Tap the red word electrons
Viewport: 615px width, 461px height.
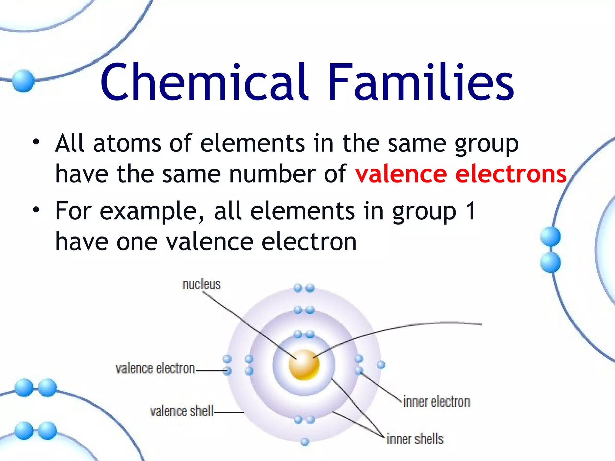click(510, 174)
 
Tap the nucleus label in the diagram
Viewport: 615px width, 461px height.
click(201, 284)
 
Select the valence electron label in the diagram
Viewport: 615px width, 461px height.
click(155, 369)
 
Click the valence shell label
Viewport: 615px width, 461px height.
click(182, 411)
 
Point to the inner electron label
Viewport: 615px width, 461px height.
click(436, 402)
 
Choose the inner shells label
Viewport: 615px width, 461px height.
click(415, 439)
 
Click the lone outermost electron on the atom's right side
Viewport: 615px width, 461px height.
click(381, 365)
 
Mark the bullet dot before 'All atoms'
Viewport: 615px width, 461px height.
click(36, 142)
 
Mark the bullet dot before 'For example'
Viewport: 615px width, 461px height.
click(36, 210)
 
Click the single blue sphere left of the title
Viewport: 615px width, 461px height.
click(23, 80)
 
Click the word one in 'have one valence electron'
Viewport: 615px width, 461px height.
click(137, 242)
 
